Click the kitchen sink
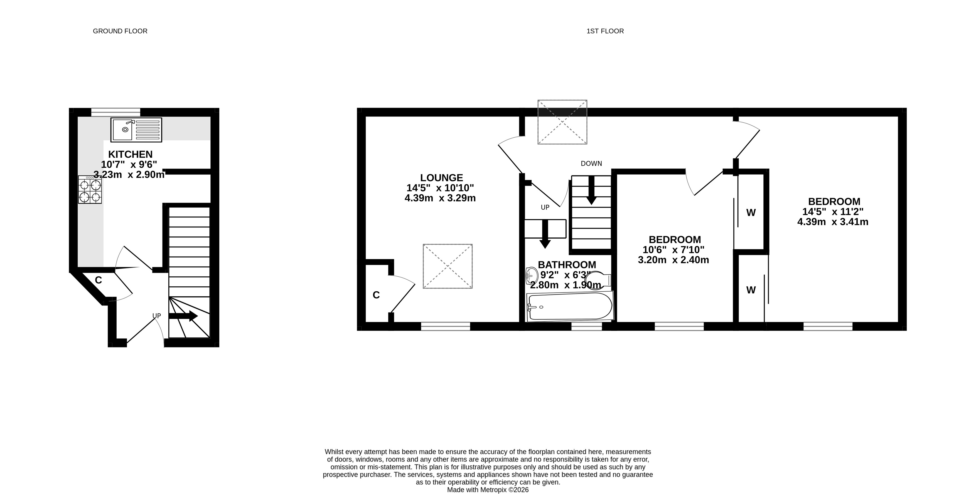pyautogui.click(x=136, y=130)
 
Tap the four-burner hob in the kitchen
pyautogui.click(x=90, y=190)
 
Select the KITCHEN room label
pyautogui.click(x=130, y=155)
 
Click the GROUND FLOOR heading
pyautogui.click(x=120, y=31)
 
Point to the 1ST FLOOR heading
pyautogui.click(x=605, y=31)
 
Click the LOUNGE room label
pyautogui.click(x=441, y=178)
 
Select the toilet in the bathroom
pyautogui.click(x=601, y=280)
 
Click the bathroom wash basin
pyautogui.click(x=532, y=275)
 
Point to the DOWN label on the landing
pyautogui.click(x=591, y=163)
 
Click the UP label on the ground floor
pyautogui.click(x=156, y=316)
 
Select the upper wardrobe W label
pyautogui.click(x=751, y=213)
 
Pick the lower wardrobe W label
pyautogui.click(x=751, y=290)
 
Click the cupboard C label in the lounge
pyautogui.click(x=376, y=295)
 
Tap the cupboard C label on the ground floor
pyautogui.click(x=99, y=280)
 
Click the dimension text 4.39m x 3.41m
pyautogui.click(x=833, y=222)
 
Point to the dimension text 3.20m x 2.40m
pyautogui.click(x=674, y=260)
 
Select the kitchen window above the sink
pyautogui.click(x=115, y=112)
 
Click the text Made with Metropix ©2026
pyautogui.click(x=488, y=490)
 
